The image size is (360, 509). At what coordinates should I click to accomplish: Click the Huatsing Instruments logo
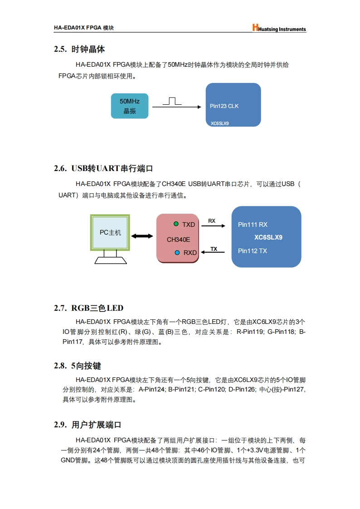pyautogui.click(x=279, y=29)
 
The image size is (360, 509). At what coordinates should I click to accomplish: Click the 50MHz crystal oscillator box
pyautogui.click(x=130, y=106)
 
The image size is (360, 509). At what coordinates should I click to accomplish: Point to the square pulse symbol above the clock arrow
pyautogui.click(x=172, y=101)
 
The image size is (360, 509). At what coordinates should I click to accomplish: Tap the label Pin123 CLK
pyautogui.click(x=224, y=106)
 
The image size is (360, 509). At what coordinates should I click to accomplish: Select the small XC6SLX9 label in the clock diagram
pyautogui.click(x=220, y=123)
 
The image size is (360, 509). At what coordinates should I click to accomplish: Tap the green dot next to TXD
pyautogui.click(x=176, y=224)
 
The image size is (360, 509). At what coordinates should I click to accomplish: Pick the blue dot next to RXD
pyautogui.click(x=177, y=252)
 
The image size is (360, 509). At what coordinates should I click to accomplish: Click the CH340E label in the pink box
pyautogui.click(x=178, y=240)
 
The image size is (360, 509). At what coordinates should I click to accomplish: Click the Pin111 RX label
pyautogui.click(x=253, y=225)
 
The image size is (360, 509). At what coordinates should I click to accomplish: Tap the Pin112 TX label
pyautogui.click(x=252, y=251)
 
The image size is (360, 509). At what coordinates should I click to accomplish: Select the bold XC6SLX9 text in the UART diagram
pyautogui.click(x=268, y=237)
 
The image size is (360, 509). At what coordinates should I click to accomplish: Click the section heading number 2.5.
pyautogui.click(x=60, y=49)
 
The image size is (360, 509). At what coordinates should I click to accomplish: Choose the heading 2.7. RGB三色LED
pyautogui.click(x=88, y=308)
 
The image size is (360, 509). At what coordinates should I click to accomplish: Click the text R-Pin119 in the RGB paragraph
pyautogui.click(x=250, y=332)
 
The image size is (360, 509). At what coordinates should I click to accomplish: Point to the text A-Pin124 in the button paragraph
pyautogui.click(x=152, y=390)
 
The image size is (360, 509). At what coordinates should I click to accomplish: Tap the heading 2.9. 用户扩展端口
pyautogui.click(x=88, y=425)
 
